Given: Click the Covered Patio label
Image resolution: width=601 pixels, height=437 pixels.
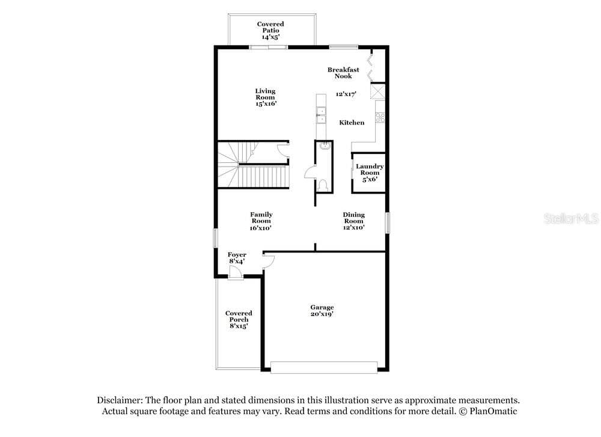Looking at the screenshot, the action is tap(270, 27).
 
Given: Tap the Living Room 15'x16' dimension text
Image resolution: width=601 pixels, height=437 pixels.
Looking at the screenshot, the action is tap(266, 104).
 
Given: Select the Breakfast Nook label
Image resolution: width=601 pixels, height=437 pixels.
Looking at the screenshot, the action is tap(343, 73).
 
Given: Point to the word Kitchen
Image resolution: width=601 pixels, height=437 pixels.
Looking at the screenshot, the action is tap(352, 123).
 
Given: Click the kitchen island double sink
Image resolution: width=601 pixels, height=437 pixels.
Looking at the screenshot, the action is tap(321, 115).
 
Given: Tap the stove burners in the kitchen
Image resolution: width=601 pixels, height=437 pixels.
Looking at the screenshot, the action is tap(380, 117).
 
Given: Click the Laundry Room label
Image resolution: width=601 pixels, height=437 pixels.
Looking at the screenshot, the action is tap(370, 170).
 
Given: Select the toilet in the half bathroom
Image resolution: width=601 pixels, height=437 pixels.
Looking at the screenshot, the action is tap(322, 186).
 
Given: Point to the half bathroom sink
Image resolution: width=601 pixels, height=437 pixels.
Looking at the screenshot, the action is tap(325, 145).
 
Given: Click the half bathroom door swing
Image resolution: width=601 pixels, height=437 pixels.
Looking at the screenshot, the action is tap(310, 173).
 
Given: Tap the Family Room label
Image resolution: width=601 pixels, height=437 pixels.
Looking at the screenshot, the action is tap(261, 218).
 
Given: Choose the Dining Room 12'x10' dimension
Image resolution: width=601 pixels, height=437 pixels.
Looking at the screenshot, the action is tap(354, 228).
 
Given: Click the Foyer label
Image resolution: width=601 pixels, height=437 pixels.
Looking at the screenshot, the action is tap(237, 254).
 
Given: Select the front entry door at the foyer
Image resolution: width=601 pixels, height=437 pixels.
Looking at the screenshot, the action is tap(236, 273).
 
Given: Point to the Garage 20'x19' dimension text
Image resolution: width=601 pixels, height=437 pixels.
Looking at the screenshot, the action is tap(322, 314).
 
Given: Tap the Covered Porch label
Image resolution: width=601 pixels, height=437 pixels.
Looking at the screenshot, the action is tap(239, 316).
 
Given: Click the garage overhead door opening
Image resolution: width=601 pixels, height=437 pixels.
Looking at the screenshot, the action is tap(324, 368).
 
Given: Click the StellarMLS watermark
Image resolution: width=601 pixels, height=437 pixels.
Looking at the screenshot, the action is tap(571, 219).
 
